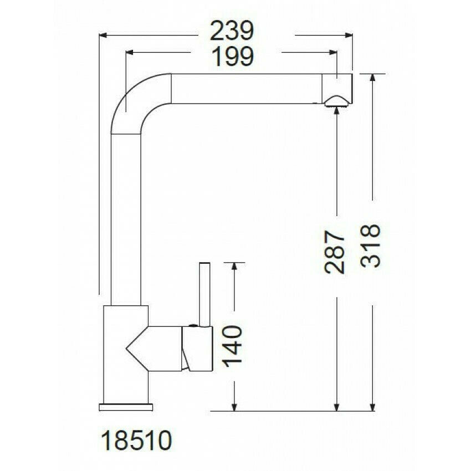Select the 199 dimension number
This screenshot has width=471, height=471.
[232, 56]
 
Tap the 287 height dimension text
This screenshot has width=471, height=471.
[336, 253]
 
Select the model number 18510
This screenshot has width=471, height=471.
[136, 442]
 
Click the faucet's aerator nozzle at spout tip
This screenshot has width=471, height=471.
[336, 101]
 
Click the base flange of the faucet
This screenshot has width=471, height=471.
[125, 407]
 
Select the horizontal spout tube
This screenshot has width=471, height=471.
[247, 89]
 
